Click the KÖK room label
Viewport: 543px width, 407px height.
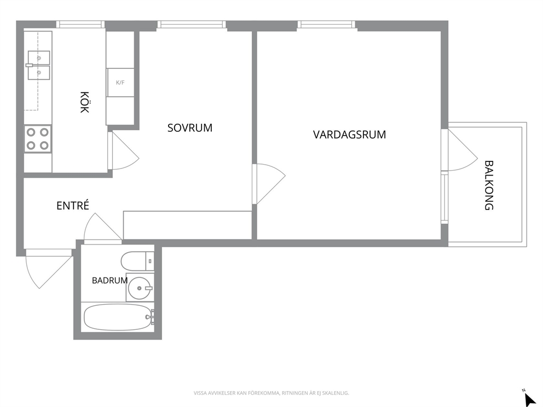coord(84,102)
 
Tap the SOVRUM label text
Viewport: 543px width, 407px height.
coord(190,127)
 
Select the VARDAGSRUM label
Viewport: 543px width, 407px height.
coord(349,134)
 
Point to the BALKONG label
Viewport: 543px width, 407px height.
coord(489,185)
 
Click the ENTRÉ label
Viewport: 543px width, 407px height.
coord(73,205)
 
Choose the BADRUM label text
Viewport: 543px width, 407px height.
coord(109,280)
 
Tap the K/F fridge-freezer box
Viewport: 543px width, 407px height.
coord(120,83)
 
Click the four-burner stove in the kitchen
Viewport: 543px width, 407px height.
coord(37,139)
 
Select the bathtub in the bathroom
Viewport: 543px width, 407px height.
coord(118,317)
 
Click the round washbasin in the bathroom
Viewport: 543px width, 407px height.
coord(140,288)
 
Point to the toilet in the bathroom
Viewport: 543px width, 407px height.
coord(137,261)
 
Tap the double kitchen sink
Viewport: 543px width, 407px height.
coord(38,65)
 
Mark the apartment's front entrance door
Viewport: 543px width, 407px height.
coord(49,269)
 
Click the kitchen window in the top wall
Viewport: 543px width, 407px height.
coord(80,24)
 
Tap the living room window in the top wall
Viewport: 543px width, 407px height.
coord(327,24)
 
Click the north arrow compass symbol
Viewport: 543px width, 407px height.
coord(529,398)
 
